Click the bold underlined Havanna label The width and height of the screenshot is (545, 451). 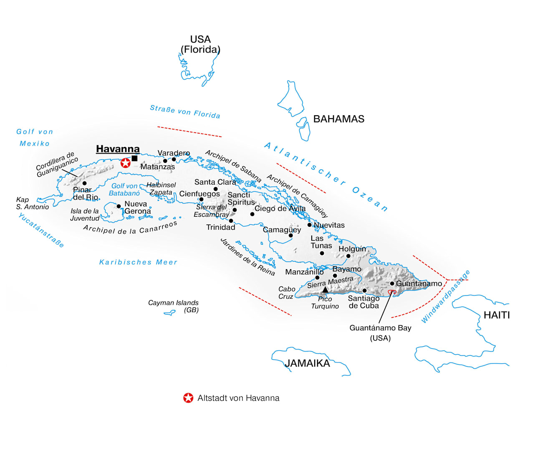118,149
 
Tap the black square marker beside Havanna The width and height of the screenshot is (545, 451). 134,158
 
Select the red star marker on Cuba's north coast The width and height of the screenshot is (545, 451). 126,163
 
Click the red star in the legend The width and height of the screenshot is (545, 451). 188,398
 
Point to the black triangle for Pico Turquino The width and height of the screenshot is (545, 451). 325,290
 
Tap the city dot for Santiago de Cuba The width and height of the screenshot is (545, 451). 364,290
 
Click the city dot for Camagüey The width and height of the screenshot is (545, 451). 290,235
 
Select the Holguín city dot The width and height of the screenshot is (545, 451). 348,256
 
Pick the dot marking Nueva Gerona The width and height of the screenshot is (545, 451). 119,206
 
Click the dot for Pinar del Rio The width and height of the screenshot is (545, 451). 84,183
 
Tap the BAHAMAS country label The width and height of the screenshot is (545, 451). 338,119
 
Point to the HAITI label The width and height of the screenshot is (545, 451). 497,315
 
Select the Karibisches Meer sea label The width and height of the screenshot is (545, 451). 138,262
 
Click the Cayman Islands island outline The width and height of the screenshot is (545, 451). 170,313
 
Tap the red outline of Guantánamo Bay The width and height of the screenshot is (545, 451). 392,292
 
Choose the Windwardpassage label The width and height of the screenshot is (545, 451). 446,297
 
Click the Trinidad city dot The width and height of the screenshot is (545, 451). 231,220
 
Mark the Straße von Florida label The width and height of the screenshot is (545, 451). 185,112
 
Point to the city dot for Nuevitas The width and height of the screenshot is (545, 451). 309,225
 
